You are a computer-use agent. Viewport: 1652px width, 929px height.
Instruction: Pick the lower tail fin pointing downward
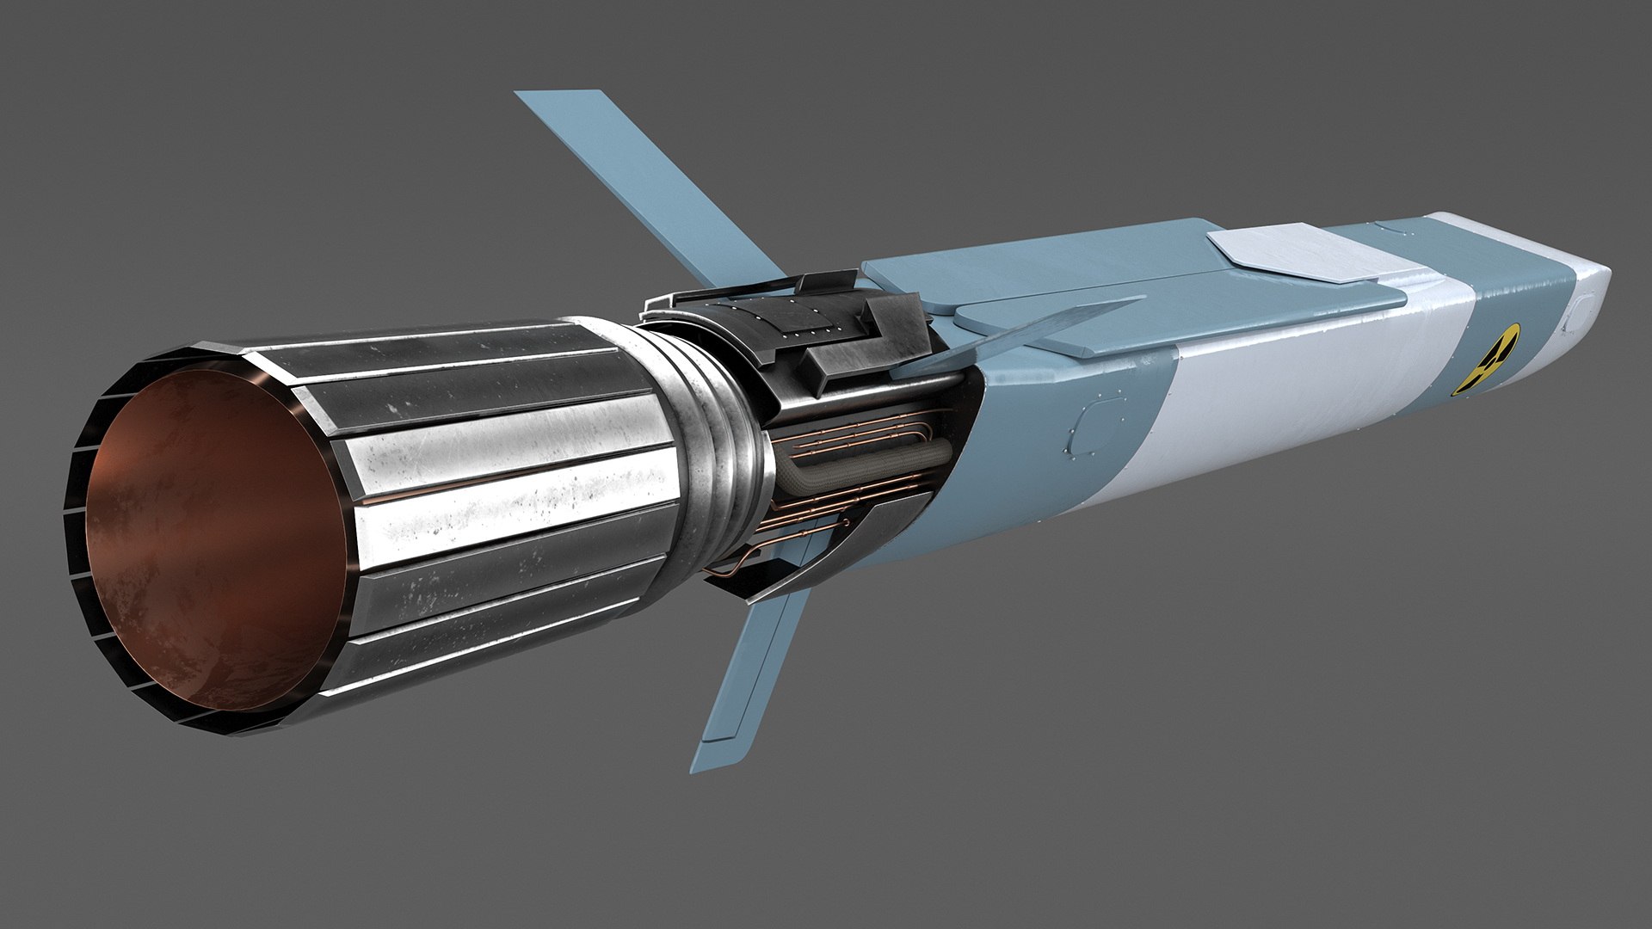click(749, 680)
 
